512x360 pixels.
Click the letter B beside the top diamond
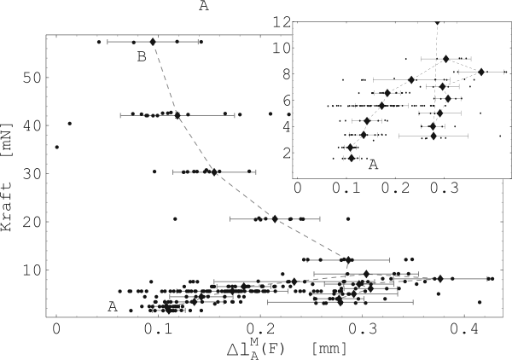143,57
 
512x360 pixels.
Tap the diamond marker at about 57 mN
153,41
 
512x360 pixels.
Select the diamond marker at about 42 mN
177,114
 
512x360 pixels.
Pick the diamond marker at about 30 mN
214,172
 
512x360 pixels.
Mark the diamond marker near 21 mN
275,219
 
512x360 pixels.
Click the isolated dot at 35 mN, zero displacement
56,147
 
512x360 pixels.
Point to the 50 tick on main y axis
38,78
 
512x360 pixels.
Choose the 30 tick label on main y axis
38,173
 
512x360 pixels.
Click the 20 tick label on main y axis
38,222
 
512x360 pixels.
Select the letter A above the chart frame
203,8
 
